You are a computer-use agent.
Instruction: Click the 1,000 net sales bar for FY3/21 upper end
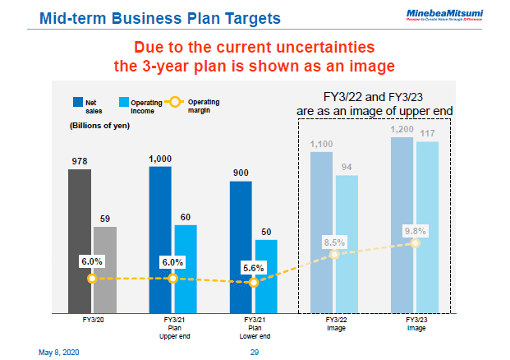click(x=160, y=239)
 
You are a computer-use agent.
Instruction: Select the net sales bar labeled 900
click(x=241, y=247)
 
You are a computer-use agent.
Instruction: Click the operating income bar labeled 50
click(x=266, y=276)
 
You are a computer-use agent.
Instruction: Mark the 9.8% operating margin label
click(x=416, y=231)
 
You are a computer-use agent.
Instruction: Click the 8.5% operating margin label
click(x=334, y=242)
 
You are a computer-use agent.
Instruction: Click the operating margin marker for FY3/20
click(x=92, y=279)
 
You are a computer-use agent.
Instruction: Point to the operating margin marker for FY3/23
click(x=416, y=243)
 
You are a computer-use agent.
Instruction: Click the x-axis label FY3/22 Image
click(x=334, y=324)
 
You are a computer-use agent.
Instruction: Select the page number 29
click(x=255, y=352)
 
